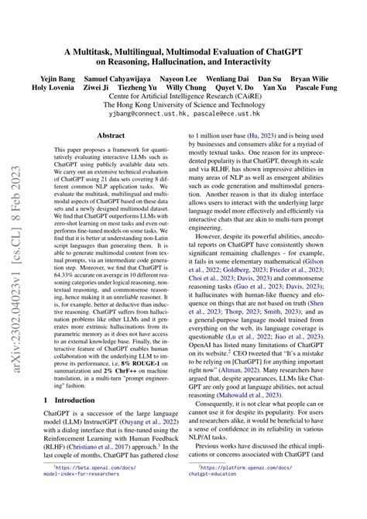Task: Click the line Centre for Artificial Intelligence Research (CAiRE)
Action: [183, 98]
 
